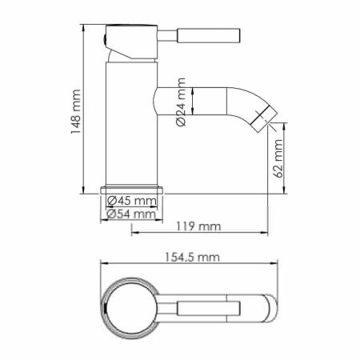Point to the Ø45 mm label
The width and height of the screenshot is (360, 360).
[x=132, y=200]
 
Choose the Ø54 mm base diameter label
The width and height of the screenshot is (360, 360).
[x=132, y=214]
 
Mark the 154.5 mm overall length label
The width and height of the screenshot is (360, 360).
[x=196, y=257]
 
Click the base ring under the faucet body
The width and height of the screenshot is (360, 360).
[x=132, y=190]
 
